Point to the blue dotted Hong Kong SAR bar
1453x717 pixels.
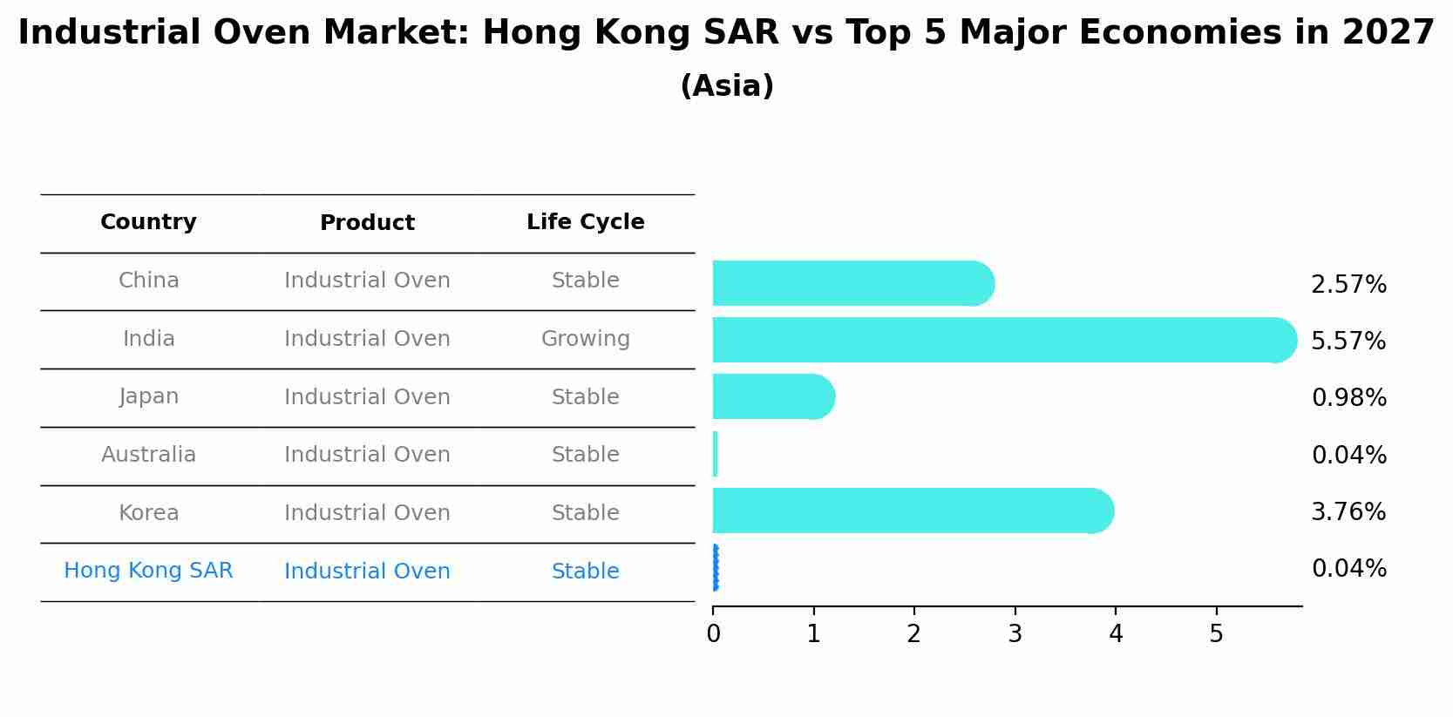click(x=715, y=568)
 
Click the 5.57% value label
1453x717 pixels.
click(x=1348, y=341)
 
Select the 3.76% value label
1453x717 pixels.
click(x=1348, y=511)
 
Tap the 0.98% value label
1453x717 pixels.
click(x=1348, y=398)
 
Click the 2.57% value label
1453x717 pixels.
click(x=1348, y=285)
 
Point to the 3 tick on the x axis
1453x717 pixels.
click(x=1015, y=634)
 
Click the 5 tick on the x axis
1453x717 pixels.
click(x=1216, y=634)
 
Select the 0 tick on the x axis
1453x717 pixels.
click(x=713, y=634)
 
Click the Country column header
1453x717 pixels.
click(x=148, y=222)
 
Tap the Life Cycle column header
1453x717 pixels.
click(x=585, y=222)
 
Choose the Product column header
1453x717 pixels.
click(x=367, y=223)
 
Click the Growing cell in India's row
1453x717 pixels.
click(x=585, y=339)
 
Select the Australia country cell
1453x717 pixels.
click(x=148, y=455)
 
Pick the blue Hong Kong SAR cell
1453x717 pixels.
click(x=148, y=571)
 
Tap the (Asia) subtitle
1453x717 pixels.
click(x=726, y=86)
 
